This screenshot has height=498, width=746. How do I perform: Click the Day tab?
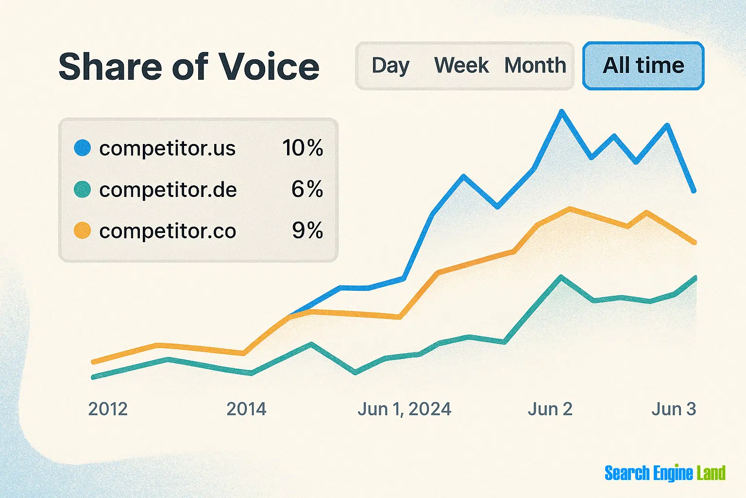tap(390, 66)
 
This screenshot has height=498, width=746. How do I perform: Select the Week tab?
tap(461, 66)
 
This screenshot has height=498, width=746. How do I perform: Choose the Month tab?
tap(535, 66)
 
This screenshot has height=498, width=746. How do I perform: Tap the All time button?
tap(643, 66)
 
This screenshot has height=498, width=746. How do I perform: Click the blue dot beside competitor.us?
tap(83, 148)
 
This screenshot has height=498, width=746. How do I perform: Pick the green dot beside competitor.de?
tap(83, 189)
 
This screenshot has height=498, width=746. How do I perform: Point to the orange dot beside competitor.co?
tap(83, 231)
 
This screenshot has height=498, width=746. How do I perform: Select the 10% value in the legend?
tap(303, 148)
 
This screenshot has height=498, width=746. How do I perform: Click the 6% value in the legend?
tap(307, 189)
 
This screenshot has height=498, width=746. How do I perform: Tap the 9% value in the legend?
tap(307, 231)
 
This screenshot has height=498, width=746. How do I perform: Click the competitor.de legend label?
tap(168, 190)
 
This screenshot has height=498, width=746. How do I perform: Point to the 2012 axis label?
tap(108, 409)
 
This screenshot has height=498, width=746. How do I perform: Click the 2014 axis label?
tap(246, 409)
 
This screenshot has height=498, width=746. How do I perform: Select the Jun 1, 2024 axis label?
tap(404, 409)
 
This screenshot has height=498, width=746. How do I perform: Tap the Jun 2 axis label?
tap(550, 409)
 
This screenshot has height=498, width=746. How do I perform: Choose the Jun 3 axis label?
tap(673, 409)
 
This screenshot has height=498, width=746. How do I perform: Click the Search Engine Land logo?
tap(664, 473)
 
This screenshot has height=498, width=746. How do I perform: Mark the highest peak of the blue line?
tap(562, 112)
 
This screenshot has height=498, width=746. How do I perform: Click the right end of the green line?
tap(695, 278)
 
